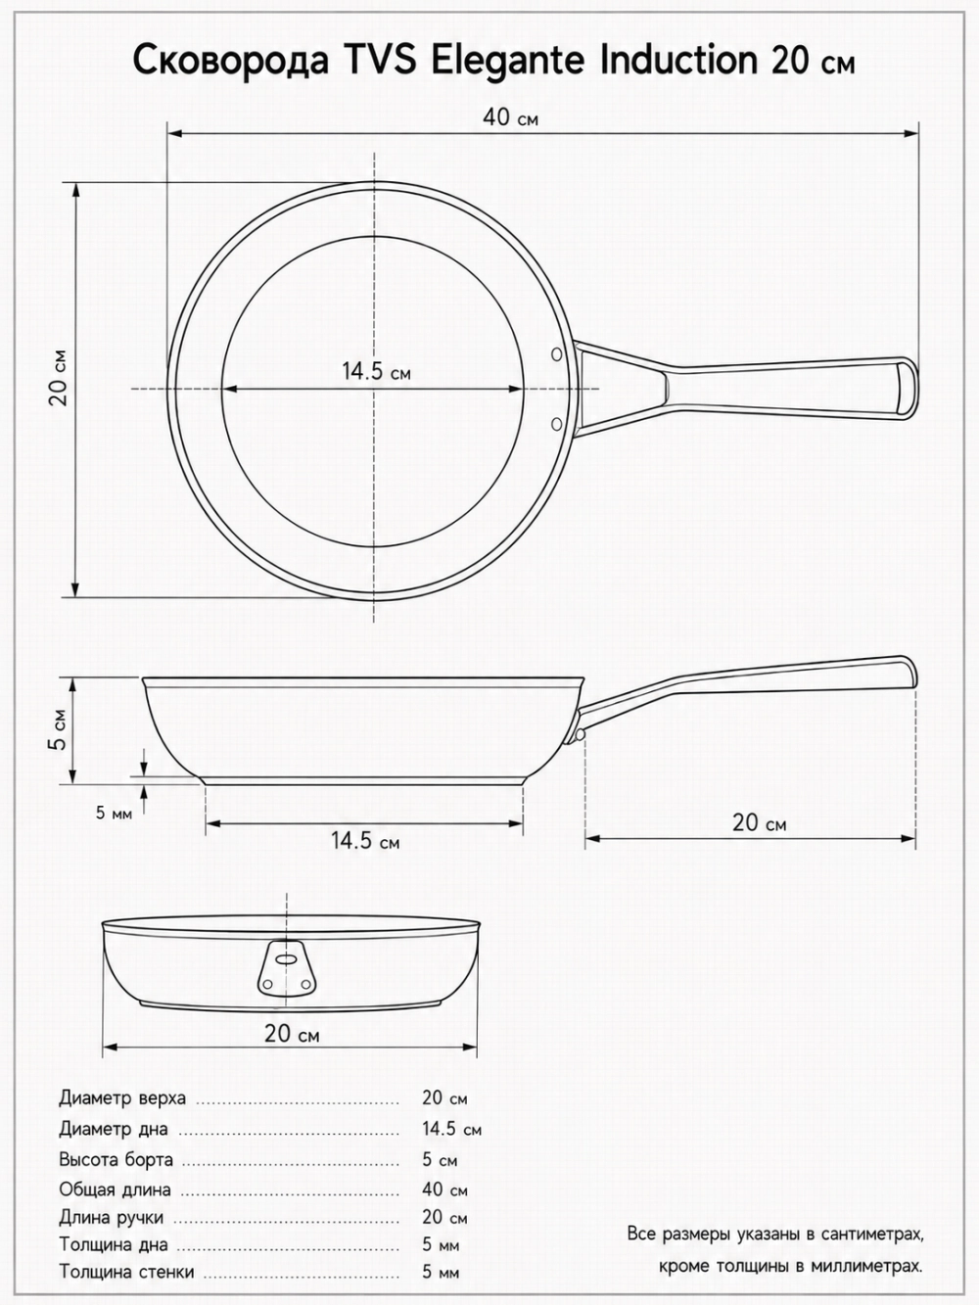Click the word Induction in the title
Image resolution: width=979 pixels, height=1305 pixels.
[x=678, y=60]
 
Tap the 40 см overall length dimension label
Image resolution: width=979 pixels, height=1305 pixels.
[x=511, y=117]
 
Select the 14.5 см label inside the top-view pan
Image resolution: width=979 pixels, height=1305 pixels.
[x=376, y=371]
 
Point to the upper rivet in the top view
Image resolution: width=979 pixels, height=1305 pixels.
[x=557, y=354]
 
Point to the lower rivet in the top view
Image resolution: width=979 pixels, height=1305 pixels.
[x=557, y=423]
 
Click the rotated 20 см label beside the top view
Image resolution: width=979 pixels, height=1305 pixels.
[x=59, y=378]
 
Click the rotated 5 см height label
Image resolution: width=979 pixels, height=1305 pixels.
[x=59, y=729]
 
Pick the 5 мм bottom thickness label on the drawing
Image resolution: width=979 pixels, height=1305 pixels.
[x=115, y=813]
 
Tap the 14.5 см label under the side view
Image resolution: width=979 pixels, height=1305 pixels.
[x=365, y=841]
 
